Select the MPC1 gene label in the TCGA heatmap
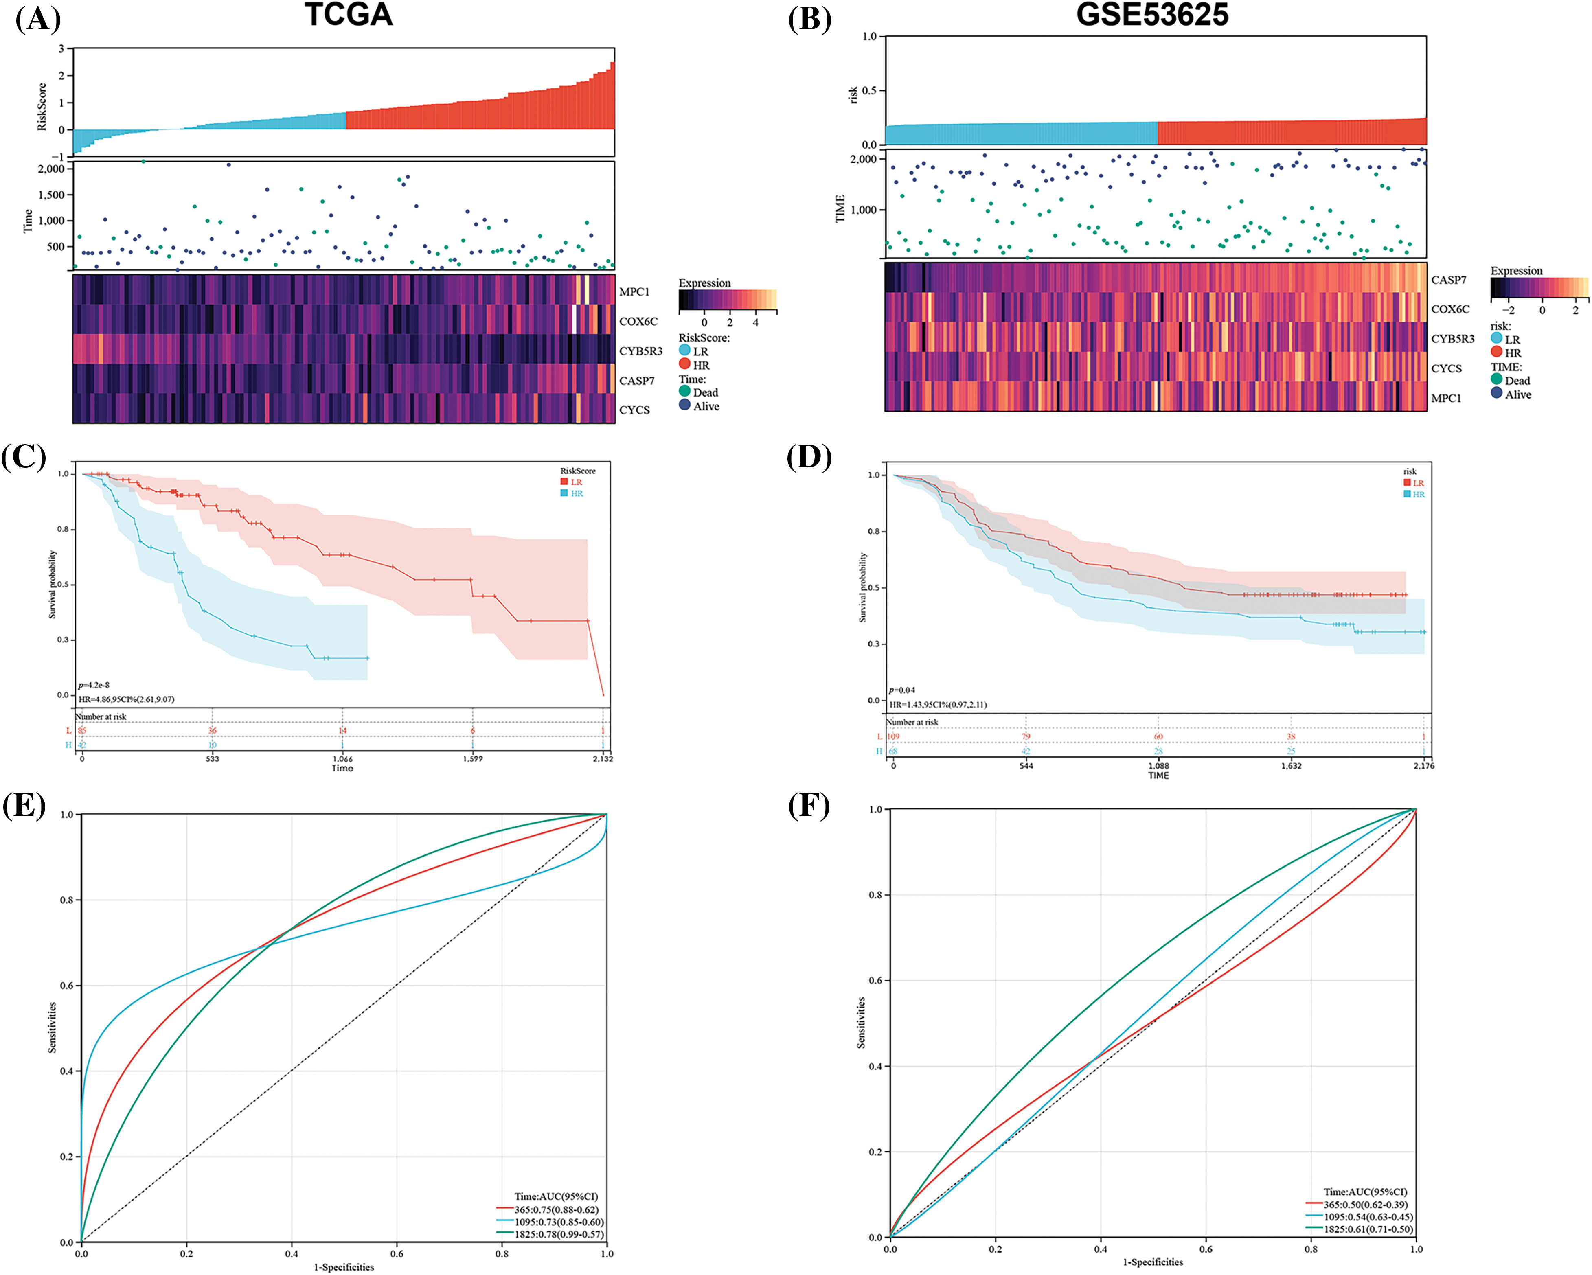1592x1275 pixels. (x=634, y=291)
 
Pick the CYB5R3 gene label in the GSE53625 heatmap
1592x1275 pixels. (x=1452, y=339)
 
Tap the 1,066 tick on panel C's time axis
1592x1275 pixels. (x=342, y=759)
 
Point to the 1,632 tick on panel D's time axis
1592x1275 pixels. (x=1291, y=766)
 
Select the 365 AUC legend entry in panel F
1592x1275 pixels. (x=1364, y=1204)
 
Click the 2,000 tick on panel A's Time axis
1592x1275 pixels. (x=51, y=169)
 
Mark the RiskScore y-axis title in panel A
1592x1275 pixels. (x=42, y=107)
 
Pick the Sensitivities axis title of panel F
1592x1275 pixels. (x=861, y=1023)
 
